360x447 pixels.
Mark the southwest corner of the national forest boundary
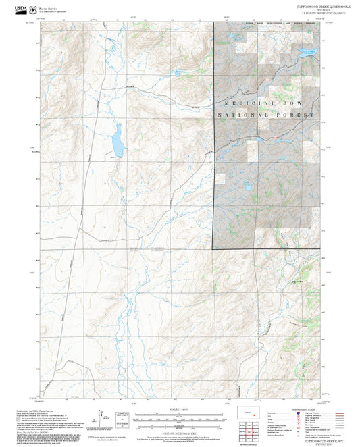214,249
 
